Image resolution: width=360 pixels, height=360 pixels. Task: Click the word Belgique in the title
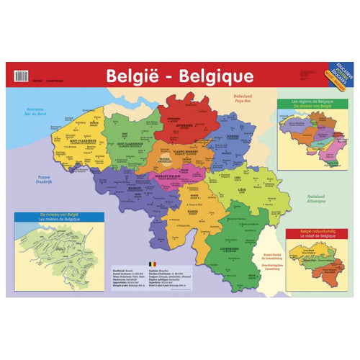pyautogui.click(x=215, y=76)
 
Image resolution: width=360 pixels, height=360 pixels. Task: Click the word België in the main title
pyautogui.click(x=134, y=76)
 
